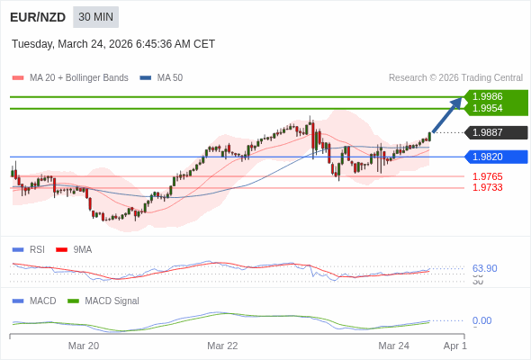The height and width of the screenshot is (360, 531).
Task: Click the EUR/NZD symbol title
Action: click(39, 17)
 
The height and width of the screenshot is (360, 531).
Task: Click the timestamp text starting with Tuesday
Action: click(113, 44)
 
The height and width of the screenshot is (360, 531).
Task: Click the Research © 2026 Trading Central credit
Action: click(455, 78)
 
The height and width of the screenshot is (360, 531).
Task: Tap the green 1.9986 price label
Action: click(487, 96)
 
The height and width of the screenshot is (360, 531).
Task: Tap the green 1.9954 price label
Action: click(487, 108)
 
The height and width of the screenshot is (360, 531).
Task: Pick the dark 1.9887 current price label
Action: click(487, 132)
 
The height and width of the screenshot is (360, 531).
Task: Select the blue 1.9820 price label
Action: click(487, 157)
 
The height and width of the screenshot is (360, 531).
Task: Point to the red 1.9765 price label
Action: click(487, 176)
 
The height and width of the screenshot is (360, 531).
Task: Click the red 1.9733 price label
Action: click(487, 187)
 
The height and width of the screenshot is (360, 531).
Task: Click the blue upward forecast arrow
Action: click(447, 114)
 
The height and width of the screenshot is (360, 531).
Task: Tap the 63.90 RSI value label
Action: click(484, 268)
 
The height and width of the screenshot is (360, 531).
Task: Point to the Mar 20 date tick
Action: click(84, 346)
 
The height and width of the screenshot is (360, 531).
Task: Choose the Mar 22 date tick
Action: click(222, 346)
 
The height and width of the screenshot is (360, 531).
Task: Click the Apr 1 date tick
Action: click(454, 346)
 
